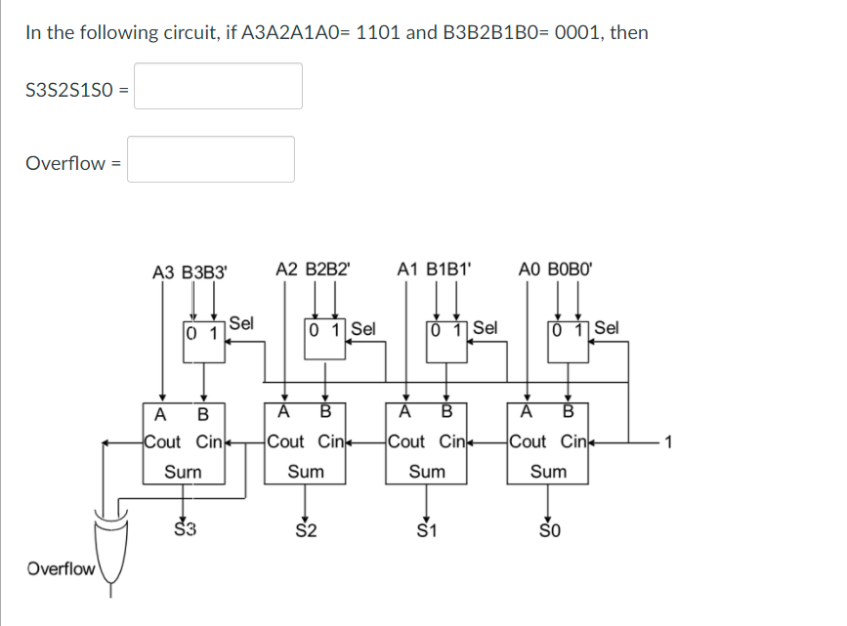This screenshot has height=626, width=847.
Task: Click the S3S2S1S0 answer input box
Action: click(218, 86)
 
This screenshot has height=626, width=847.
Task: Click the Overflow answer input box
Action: click(211, 159)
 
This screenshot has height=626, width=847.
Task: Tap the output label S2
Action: click(306, 531)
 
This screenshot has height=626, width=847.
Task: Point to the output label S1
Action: click(427, 531)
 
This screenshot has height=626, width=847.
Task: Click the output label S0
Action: click(549, 531)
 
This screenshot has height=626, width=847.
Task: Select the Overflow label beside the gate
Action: click(61, 568)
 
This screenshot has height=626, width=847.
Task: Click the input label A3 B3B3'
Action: click(190, 271)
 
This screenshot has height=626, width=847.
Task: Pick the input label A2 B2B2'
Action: click(312, 268)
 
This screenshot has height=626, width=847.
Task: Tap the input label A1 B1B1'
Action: click(435, 268)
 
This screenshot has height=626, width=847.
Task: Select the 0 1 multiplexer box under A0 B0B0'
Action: click(570, 332)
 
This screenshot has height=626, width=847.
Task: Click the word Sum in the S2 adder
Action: click(306, 472)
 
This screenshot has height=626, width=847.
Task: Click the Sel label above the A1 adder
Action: click(485, 327)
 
